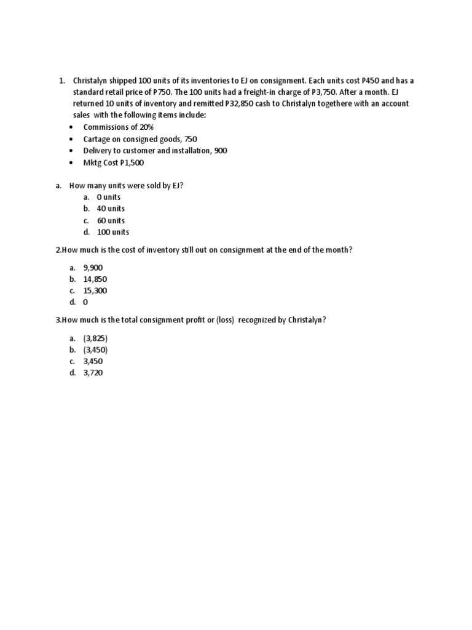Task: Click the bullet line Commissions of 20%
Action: click(x=119, y=127)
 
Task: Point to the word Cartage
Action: click(x=98, y=138)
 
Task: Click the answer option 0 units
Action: click(x=109, y=197)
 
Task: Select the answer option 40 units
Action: click(x=111, y=209)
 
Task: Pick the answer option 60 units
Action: click(x=111, y=220)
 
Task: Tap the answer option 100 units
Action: click(x=113, y=232)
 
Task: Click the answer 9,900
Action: click(x=94, y=268)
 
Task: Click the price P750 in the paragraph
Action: click(x=162, y=92)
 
